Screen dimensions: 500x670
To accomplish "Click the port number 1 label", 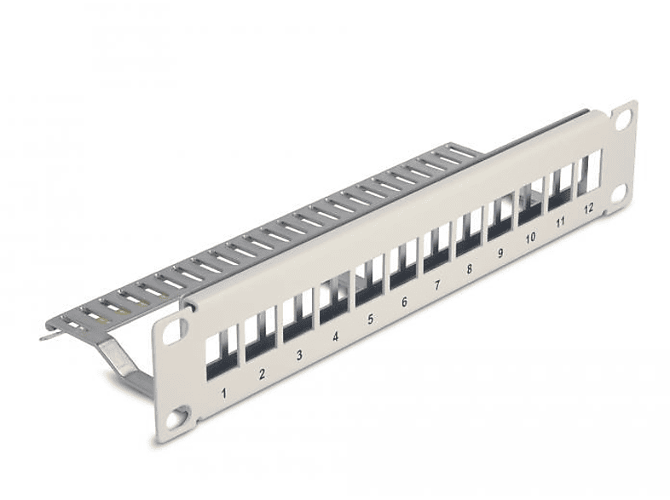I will (223, 393).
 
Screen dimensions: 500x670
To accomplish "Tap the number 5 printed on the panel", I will (370, 320).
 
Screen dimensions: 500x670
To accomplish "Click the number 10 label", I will (530, 238).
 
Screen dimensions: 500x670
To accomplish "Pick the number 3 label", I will (299, 355).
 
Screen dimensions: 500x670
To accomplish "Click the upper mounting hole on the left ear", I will (173, 331).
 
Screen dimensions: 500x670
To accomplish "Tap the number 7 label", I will (436, 286).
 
